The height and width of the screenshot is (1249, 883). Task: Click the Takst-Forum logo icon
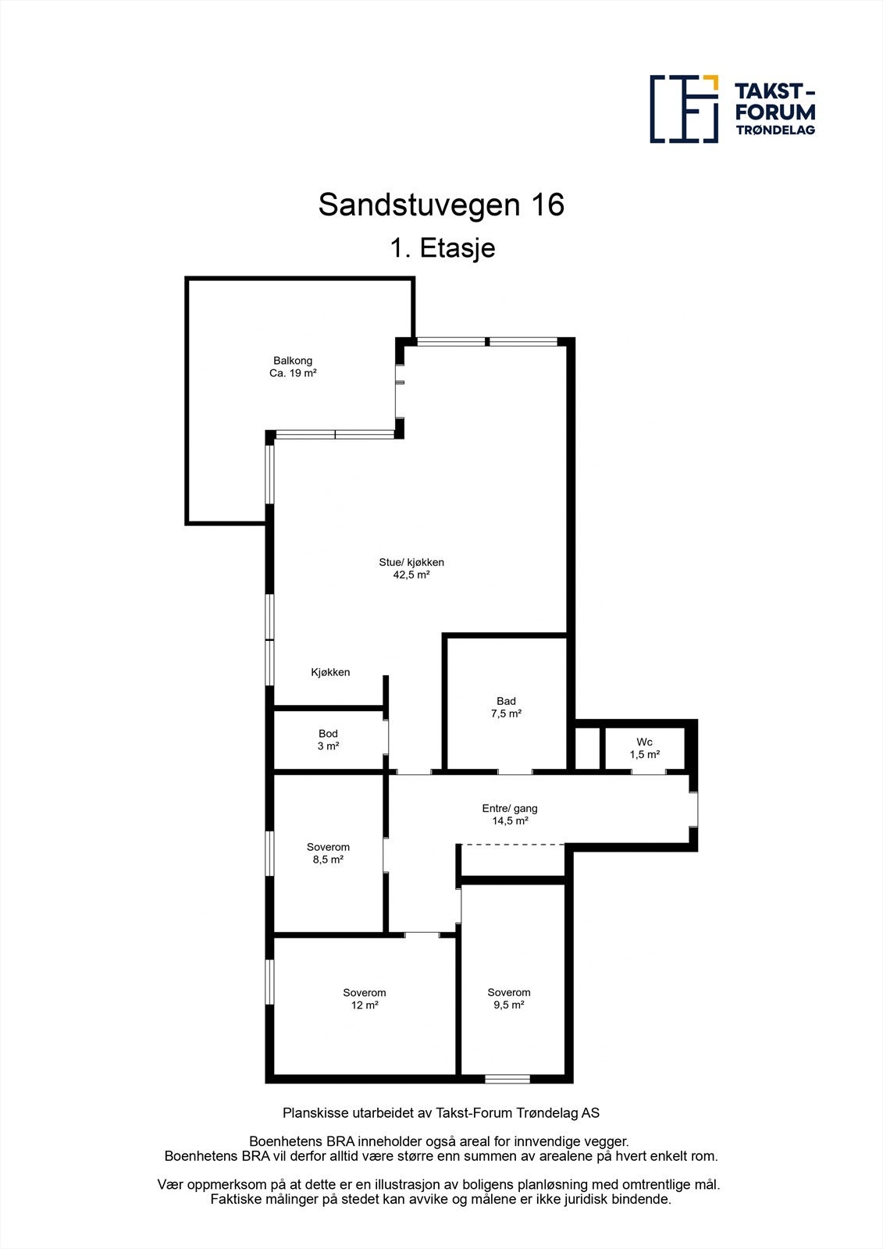coord(684,109)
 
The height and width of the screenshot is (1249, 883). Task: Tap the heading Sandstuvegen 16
coord(441,205)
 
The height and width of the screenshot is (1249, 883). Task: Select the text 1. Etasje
coord(443,248)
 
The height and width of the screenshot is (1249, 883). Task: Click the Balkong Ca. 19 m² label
coord(293,367)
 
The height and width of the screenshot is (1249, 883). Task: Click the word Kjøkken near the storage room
coord(330,672)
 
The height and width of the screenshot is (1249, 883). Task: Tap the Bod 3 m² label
coord(328,740)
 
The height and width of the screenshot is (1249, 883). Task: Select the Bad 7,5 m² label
coord(506,707)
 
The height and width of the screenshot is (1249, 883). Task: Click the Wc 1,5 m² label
coord(645,748)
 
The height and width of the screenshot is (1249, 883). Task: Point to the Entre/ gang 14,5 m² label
coord(510,814)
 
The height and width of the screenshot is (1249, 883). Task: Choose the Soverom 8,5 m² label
coord(328,853)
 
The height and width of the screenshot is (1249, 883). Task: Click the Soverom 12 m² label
coord(365,999)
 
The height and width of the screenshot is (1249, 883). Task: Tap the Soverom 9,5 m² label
coord(509,998)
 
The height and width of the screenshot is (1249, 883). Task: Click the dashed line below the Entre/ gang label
coord(511,844)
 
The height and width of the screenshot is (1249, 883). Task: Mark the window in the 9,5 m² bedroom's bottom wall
coord(507,1080)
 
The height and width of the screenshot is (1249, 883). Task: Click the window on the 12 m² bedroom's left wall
coord(269,982)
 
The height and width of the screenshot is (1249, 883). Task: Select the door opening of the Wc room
coord(648,772)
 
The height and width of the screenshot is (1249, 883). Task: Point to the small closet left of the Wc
coord(588,748)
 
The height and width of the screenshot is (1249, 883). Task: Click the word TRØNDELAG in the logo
coord(775,130)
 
